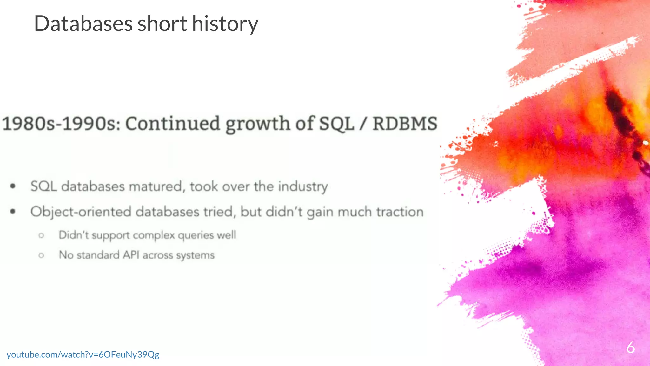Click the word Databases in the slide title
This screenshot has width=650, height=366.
point(83,24)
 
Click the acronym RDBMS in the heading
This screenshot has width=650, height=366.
point(405,124)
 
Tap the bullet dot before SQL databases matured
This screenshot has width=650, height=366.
point(13,186)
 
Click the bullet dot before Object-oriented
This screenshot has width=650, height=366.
point(13,211)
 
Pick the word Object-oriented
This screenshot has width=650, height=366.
point(81,212)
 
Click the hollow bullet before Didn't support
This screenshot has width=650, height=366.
point(41,235)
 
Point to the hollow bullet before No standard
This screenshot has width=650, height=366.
point(41,255)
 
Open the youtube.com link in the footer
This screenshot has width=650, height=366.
point(83,354)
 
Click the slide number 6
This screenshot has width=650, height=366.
point(630,347)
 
